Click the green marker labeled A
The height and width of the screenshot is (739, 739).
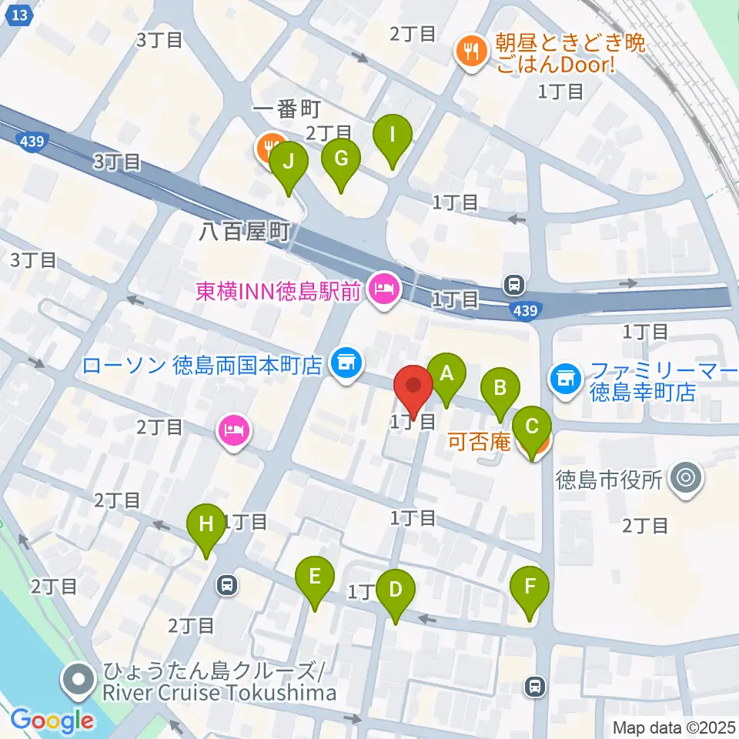point(446,374)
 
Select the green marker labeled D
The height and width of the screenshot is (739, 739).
point(396,591)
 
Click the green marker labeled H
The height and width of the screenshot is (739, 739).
point(206,526)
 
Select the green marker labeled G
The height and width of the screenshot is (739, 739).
point(342,159)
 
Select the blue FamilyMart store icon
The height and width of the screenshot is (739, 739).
point(566,377)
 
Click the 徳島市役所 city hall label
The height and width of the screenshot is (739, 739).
point(609,480)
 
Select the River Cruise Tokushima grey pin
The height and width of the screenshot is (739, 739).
point(79,679)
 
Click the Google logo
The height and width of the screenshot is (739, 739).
point(52,721)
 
